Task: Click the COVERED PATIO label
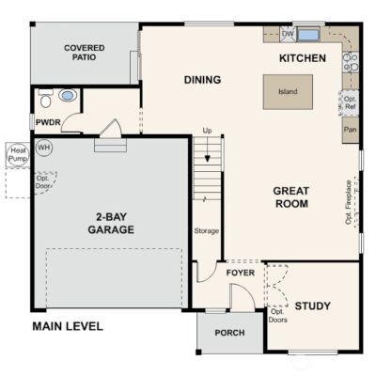coord(84,54)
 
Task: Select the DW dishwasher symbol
coord(288,34)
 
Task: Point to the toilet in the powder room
coord(68,95)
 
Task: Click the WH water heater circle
coord(44,148)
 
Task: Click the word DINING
coord(202,80)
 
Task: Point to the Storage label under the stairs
coord(207,230)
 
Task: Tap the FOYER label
coord(241,273)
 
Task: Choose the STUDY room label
coord(312,305)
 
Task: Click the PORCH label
coord(229,332)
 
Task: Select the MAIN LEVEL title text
coord(67,327)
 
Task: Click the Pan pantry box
coord(351,130)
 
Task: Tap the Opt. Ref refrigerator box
coord(351,102)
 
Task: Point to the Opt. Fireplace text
coord(349,202)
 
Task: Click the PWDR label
coord(48,122)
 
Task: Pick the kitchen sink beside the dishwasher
coord(309,35)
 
